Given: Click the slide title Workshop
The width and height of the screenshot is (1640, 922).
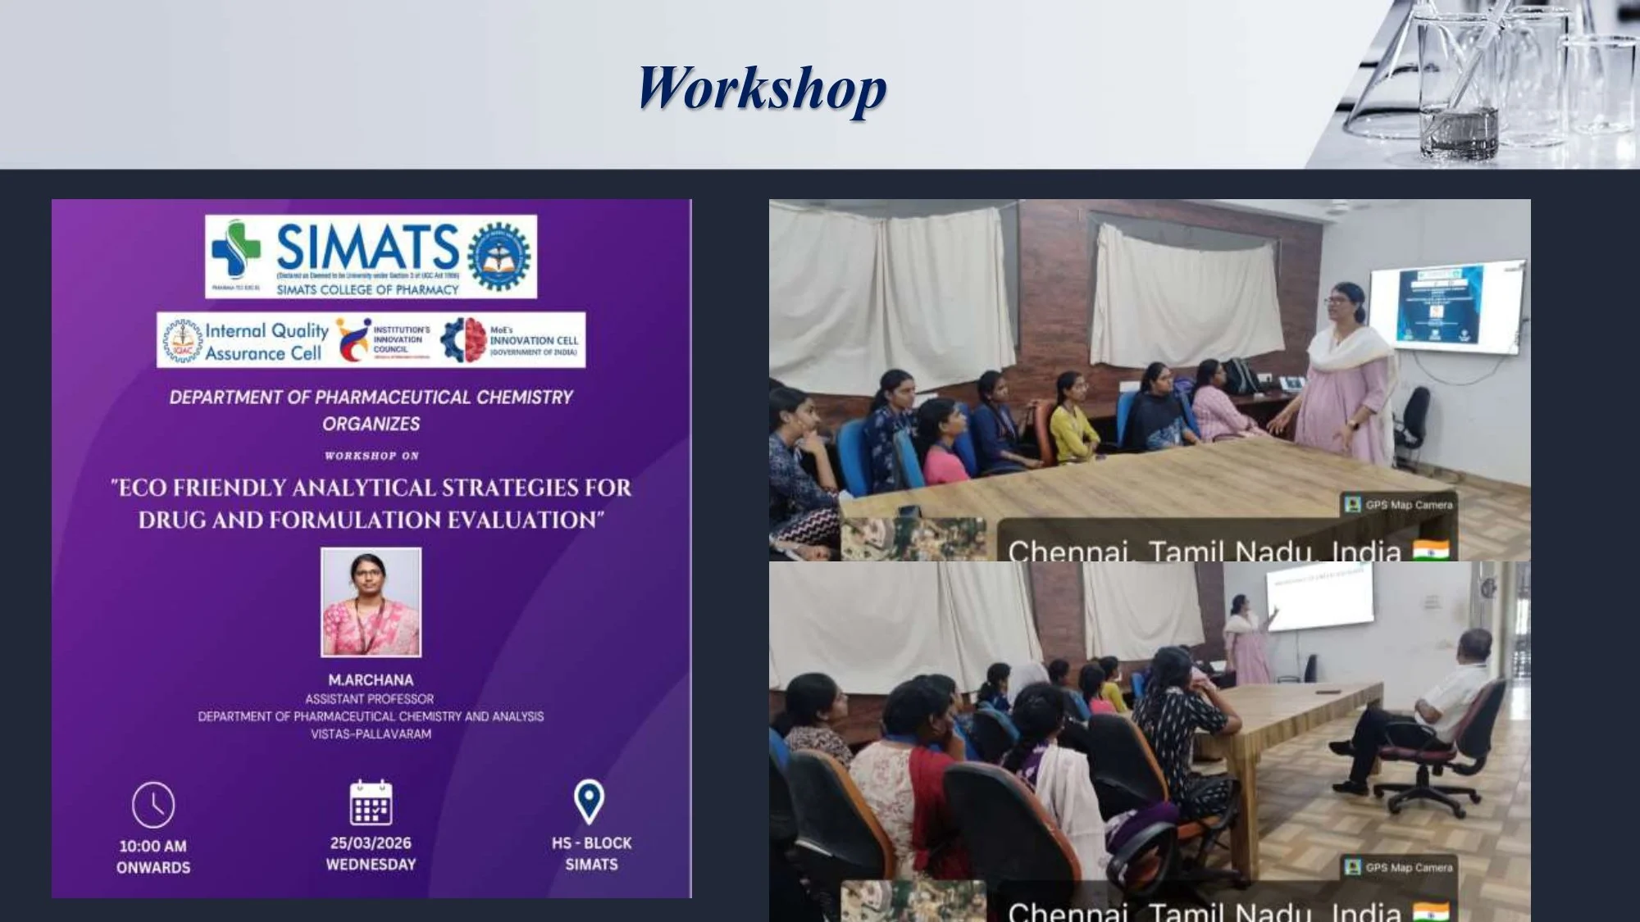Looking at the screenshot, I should pyautogui.click(x=762, y=89).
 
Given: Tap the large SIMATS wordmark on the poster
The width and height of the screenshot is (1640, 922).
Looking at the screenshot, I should pyautogui.click(x=367, y=246).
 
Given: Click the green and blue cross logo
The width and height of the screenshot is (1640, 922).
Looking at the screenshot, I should pyautogui.click(x=235, y=249).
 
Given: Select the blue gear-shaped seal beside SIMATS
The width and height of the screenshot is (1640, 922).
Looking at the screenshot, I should pyautogui.click(x=499, y=257).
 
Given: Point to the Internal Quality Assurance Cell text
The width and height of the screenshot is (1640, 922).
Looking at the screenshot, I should pyautogui.click(x=266, y=342).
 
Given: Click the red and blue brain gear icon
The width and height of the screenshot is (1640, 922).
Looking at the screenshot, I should pyautogui.click(x=463, y=340).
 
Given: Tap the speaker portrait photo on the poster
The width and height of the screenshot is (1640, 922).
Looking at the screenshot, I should pyautogui.click(x=371, y=602).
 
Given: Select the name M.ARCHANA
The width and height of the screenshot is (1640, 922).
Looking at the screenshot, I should pyautogui.click(x=371, y=680).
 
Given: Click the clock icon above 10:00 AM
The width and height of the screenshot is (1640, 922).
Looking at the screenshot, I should pyautogui.click(x=153, y=805).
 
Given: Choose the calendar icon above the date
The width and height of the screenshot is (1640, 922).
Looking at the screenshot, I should pyautogui.click(x=371, y=802).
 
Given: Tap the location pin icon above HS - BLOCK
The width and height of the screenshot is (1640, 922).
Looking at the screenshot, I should pyautogui.click(x=589, y=802).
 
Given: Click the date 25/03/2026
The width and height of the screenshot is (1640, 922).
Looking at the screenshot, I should pyautogui.click(x=371, y=843).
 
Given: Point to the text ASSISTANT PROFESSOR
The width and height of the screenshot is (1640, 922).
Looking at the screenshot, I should pyautogui.click(x=370, y=699).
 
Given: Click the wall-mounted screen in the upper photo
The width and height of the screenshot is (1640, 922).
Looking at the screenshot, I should pyautogui.click(x=1447, y=307).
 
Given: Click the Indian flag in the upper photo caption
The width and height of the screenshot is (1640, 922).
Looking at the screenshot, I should pyautogui.click(x=1430, y=551).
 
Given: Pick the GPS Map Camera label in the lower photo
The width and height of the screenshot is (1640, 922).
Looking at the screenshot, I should pyautogui.click(x=1400, y=867).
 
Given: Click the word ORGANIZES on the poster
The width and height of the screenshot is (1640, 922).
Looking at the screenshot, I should pyautogui.click(x=371, y=424).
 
